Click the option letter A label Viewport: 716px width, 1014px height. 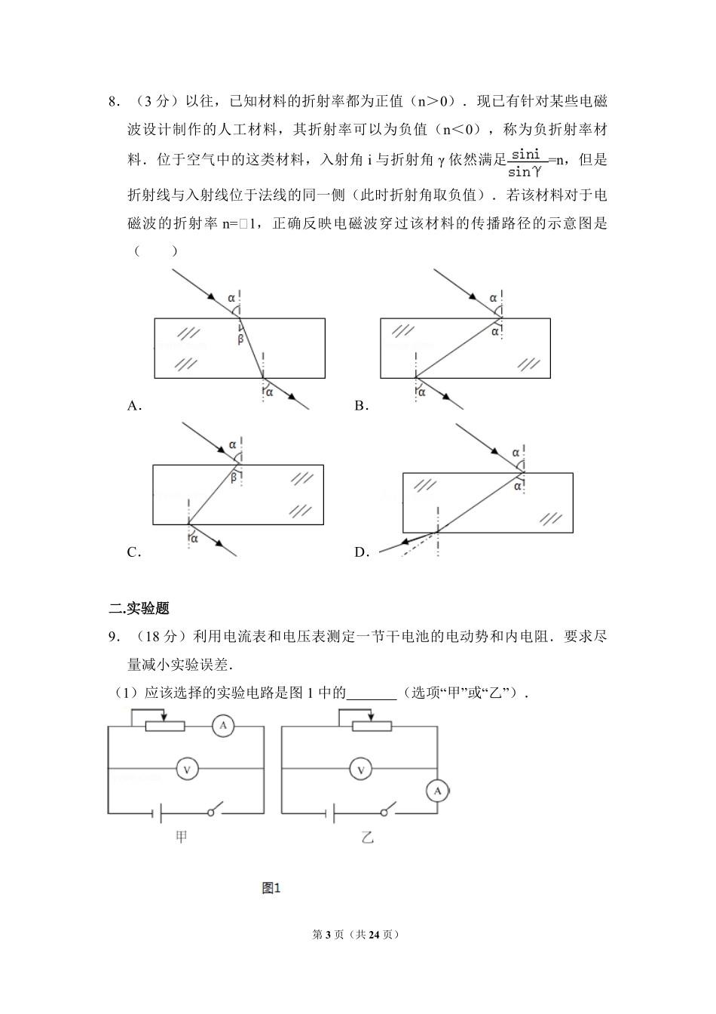coord(133,406)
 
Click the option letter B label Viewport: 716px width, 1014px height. coord(360,406)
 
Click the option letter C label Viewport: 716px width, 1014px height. coord(133,552)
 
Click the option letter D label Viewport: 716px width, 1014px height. coord(360,552)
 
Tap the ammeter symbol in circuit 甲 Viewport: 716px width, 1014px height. coord(222,727)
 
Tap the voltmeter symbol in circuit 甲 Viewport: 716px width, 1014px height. coord(187,769)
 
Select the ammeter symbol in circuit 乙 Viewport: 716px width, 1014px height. coord(437,791)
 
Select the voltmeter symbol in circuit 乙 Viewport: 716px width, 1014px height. coord(361,769)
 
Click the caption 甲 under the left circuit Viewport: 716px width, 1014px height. coord(182,837)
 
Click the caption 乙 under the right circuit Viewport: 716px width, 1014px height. coord(367,837)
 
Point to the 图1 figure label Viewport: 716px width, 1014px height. coord(271,888)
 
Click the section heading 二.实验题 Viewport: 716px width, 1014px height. coord(139,608)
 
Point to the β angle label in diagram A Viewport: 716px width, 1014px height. coord(240,340)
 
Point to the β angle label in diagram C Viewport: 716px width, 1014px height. coord(233,477)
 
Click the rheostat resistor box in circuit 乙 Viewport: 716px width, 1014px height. coord(372,727)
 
